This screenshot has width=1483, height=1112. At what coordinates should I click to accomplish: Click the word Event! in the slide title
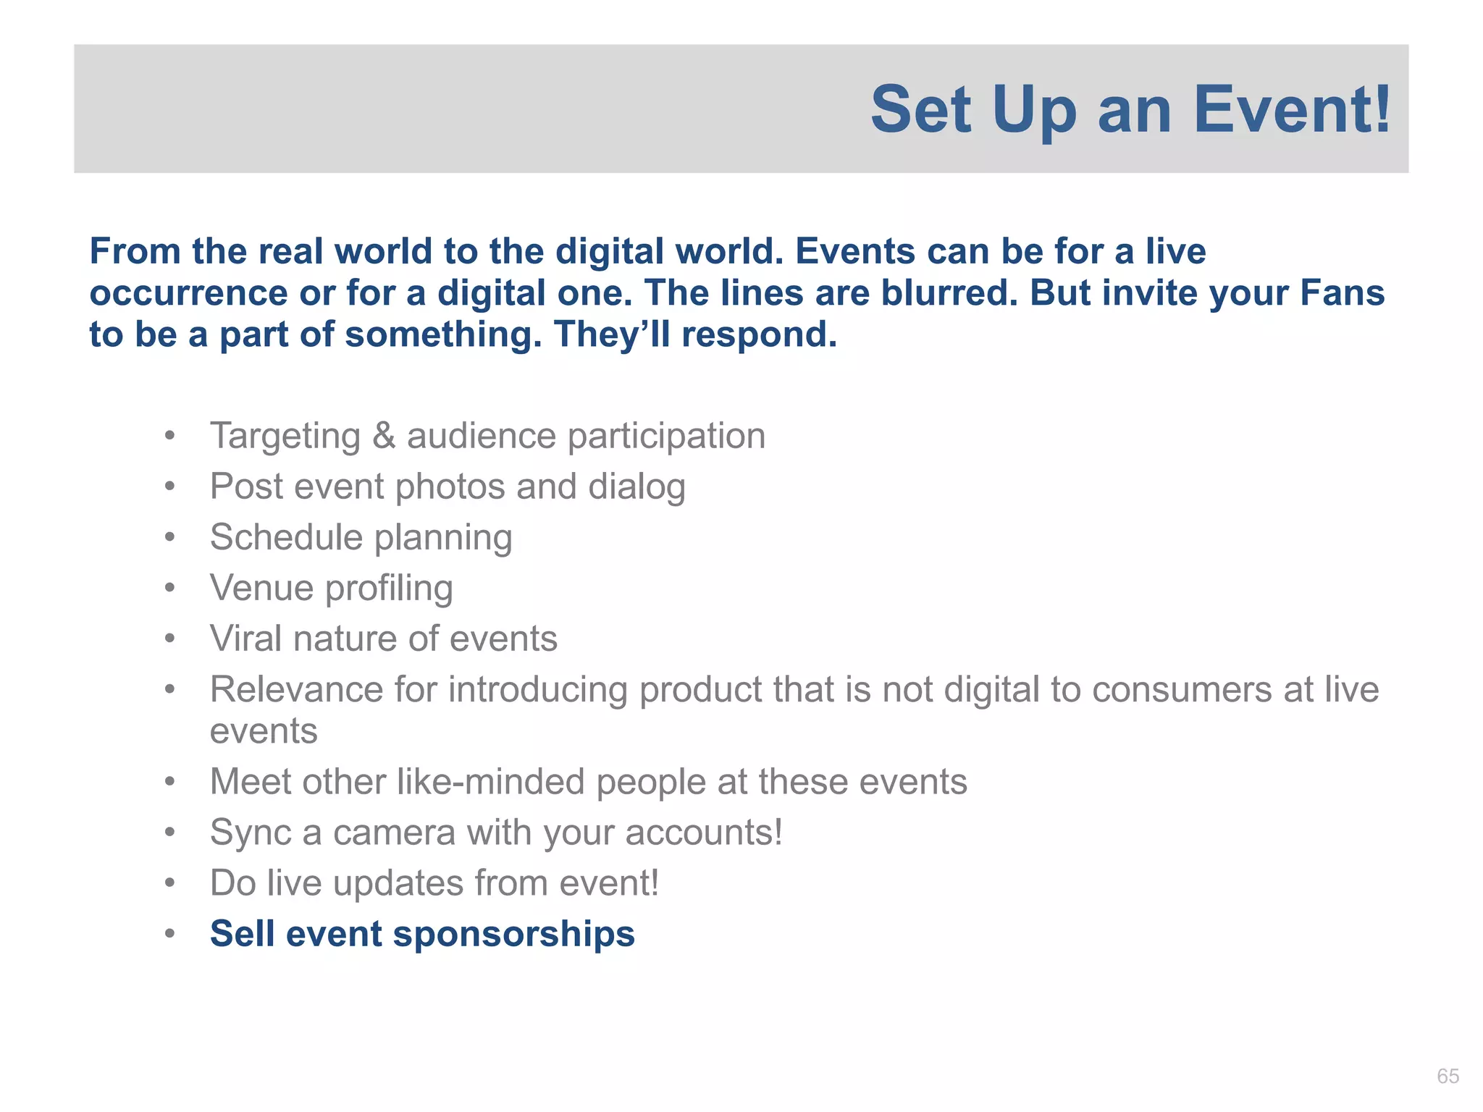pyautogui.click(x=1292, y=110)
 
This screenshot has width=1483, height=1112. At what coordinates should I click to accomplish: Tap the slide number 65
pyautogui.click(x=1448, y=1076)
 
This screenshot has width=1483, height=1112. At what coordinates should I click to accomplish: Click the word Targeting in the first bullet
pyautogui.click(x=285, y=437)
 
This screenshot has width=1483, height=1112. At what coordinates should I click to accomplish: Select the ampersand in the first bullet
pyautogui.click(x=384, y=437)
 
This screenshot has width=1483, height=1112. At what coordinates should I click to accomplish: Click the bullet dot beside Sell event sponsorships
pyautogui.click(x=169, y=934)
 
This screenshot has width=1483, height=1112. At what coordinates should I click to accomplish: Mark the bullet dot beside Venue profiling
pyautogui.click(x=169, y=588)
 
